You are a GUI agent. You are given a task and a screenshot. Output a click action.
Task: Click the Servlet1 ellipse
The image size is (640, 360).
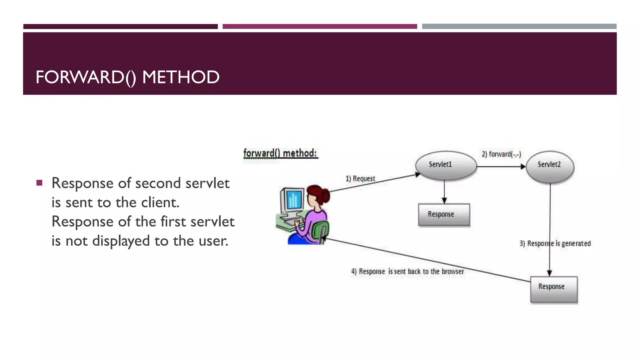[446, 165]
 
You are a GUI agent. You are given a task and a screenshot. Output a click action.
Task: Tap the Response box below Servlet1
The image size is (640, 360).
[444, 215]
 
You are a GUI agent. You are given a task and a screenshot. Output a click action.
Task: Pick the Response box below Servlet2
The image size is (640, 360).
[554, 289]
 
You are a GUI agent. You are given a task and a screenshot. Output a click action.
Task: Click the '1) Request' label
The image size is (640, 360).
[360, 179]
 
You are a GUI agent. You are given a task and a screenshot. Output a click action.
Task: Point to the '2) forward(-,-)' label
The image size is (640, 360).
[501, 154]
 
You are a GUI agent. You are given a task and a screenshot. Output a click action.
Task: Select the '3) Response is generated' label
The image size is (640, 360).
[555, 243]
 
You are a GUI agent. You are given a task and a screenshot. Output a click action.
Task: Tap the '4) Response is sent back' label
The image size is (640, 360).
[407, 271]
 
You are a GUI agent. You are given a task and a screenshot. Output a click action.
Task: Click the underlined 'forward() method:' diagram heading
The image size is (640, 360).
[280, 153]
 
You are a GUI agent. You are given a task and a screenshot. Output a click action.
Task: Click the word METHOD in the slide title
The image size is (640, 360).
[181, 77]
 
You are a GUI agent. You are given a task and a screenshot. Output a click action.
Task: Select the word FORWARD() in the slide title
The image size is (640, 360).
[86, 77]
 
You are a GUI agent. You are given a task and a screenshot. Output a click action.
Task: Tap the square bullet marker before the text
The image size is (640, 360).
[39, 183]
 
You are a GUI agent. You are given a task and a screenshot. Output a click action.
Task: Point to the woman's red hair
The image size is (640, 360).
[319, 192]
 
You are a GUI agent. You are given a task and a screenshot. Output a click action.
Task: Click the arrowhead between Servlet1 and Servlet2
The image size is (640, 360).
[523, 167]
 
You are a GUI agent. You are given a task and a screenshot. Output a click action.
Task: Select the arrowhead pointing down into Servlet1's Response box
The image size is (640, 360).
[444, 200]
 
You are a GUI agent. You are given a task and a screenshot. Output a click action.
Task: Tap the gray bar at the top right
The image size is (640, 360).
[519, 27]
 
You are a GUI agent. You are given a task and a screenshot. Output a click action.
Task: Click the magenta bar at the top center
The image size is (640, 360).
[320, 27]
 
